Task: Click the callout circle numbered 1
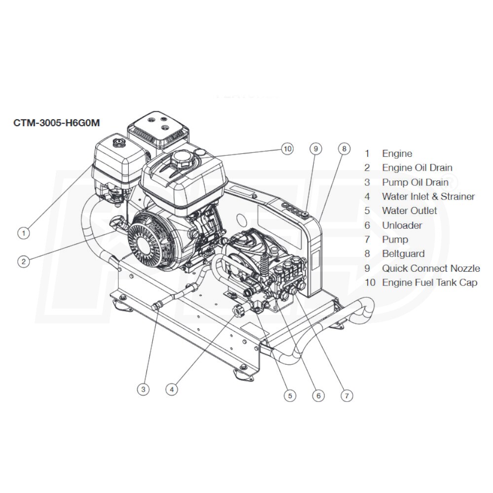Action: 23,233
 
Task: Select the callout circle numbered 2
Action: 23,262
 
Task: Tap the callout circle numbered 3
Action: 143,389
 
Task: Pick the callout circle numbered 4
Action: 172,389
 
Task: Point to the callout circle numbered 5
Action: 289,395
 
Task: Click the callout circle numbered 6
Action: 318,395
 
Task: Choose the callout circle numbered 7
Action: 347,395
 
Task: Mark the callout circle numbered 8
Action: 344,148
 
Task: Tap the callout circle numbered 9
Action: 316,148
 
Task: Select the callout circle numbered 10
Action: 287,148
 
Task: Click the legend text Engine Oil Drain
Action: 417,168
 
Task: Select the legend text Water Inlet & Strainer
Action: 428,197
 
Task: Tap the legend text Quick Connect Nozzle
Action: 430,269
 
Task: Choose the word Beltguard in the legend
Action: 403,254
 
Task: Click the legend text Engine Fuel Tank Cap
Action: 429,283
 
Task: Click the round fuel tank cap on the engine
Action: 181,159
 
